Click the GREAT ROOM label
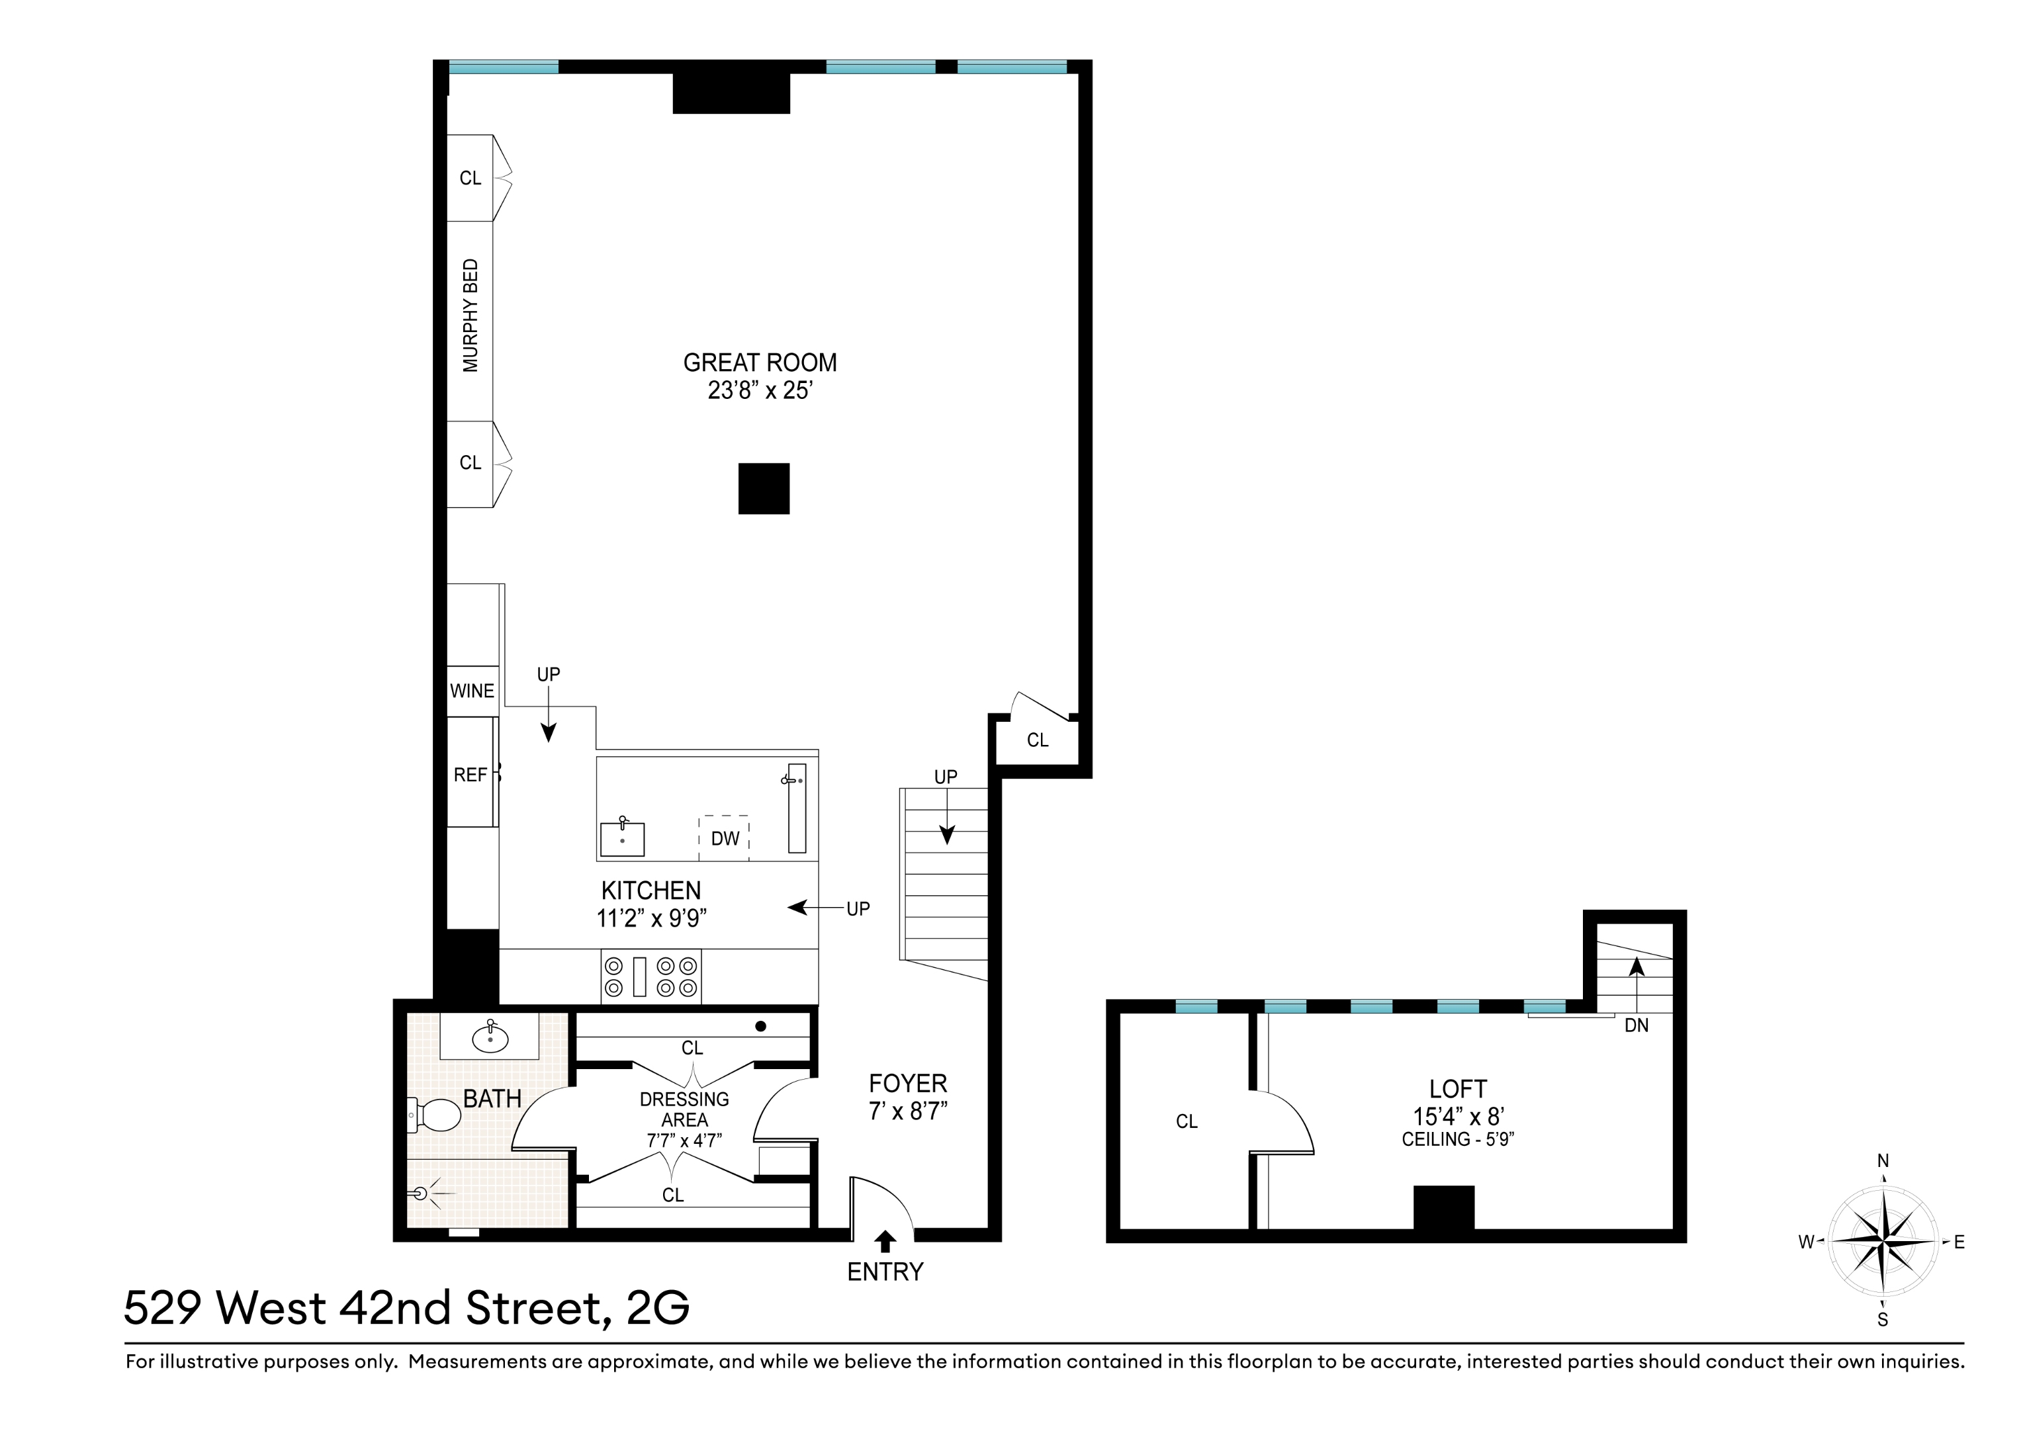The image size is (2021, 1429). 760,363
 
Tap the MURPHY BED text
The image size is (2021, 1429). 471,315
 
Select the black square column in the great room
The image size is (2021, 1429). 763,488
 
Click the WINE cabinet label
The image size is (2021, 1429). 472,691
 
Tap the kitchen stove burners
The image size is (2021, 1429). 651,976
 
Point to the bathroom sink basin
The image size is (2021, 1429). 490,1039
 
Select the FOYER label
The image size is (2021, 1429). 907,1083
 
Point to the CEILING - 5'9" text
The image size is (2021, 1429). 1458,1139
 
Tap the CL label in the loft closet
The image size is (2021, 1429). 1187,1122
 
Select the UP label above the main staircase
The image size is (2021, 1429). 946,777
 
